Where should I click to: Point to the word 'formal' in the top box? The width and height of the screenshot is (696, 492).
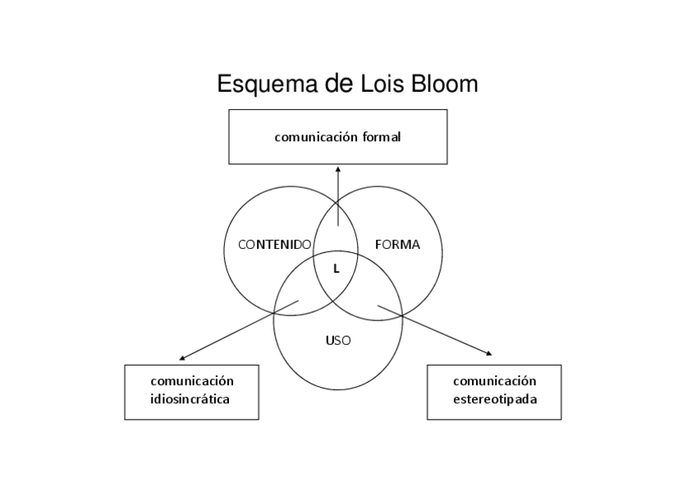click(x=382, y=137)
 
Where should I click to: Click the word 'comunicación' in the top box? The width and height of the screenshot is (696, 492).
click(x=315, y=137)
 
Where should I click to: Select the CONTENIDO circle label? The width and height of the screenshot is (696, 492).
click(x=274, y=245)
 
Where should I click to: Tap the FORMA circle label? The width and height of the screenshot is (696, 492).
click(x=397, y=245)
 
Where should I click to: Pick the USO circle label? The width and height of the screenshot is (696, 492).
click(x=338, y=340)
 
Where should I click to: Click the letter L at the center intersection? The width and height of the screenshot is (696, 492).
click(x=337, y=268)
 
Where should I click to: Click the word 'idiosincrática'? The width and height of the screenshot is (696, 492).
click(x=190, y=400)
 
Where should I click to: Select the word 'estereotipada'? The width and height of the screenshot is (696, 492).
click(x=495, y=400)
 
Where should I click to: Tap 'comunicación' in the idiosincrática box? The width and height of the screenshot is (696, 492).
click(x=192, y=381)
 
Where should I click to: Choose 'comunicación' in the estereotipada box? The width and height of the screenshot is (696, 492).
click(x=495, y=381)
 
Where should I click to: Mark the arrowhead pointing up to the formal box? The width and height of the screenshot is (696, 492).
click(x=338, y=169)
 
